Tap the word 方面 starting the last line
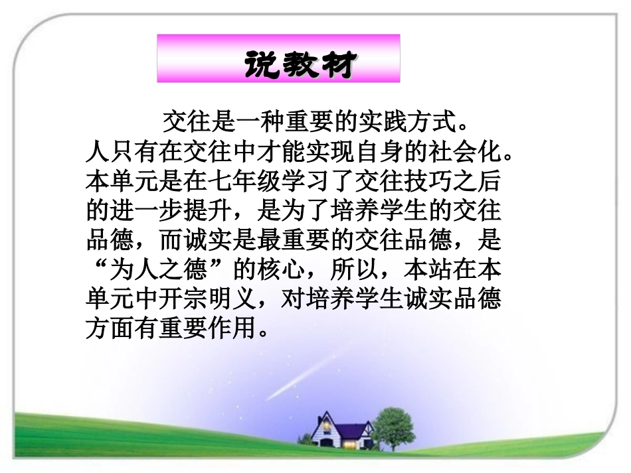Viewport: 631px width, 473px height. pos(110,330)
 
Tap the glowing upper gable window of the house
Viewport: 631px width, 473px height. pos(327,423)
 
